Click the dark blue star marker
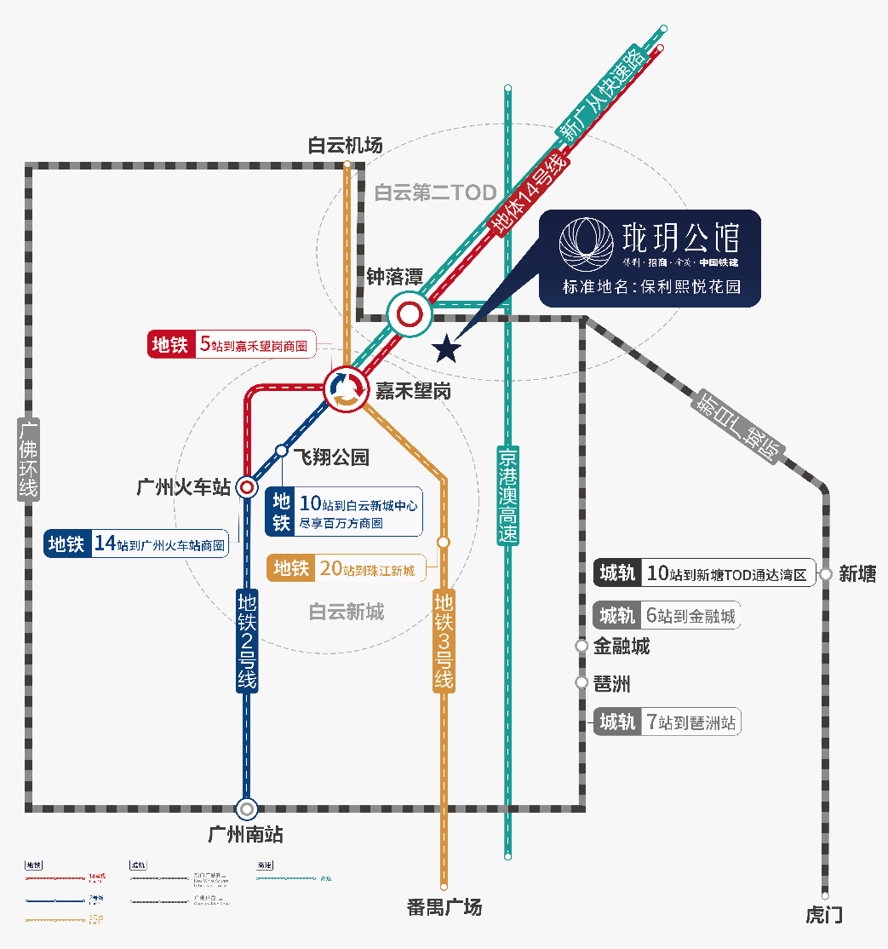[446, 348]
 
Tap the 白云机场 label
[345, 146]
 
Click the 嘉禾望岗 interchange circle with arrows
[345, 389]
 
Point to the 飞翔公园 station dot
[282, 451]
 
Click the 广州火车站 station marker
[247, 487]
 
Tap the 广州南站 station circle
[247, 808]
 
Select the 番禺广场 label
[444, 907]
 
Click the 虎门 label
[824, 915]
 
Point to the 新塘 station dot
[826, 575]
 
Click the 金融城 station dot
[581, 647]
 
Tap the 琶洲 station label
[612, 684]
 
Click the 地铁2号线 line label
[247, 640]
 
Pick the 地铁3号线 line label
[444, 640]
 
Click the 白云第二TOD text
[435, 193]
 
